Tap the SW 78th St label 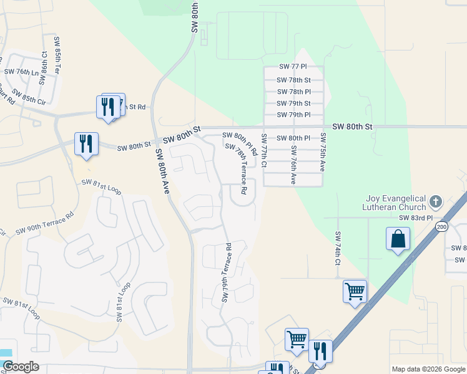click(295, 80)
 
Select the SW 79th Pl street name click(295, 115)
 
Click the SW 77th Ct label click(265, 149)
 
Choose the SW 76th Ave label click(293, 165)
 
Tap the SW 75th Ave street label click(323, 151)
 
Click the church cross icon click(436, 201)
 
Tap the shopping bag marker click(398, 239)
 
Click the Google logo click(20, 367)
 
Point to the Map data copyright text click(428, 369)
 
